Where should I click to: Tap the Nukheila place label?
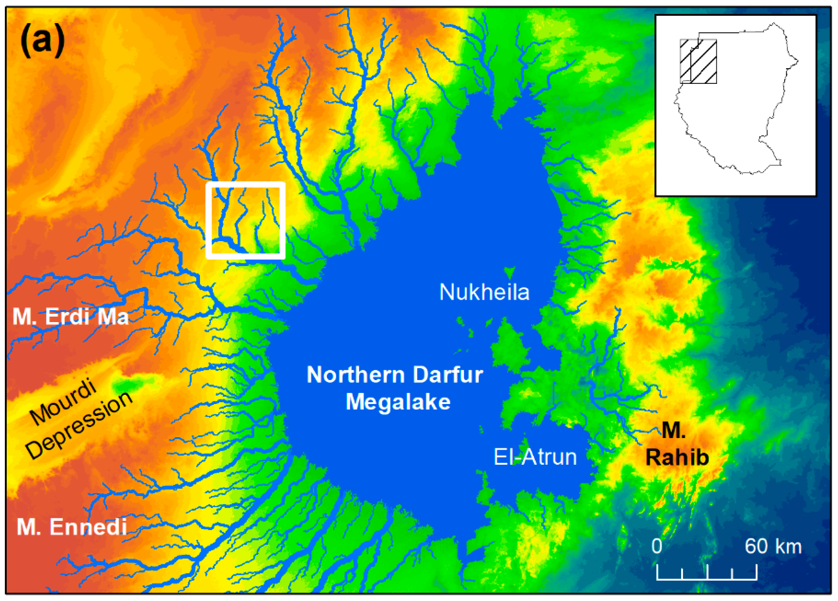[484, 292]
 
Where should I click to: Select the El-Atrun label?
[535, 457]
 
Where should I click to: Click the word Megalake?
[398, 402]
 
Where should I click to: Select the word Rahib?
[677, 458]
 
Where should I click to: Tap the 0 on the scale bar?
[657, 546]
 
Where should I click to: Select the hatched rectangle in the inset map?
[698, 61]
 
